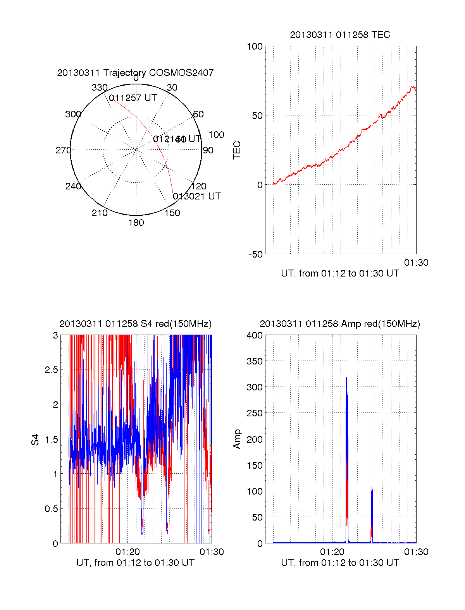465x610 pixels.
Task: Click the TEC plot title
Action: coord(340,35)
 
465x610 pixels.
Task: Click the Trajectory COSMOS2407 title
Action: coord(135,73)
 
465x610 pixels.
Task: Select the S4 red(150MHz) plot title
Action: coord(135,324)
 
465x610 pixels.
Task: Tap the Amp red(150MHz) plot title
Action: coord(340,324)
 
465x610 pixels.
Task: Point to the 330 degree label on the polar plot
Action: coord(99,88)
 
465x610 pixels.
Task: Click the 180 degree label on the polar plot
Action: coord(136,223)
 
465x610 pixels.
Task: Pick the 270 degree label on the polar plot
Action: coord(63,150)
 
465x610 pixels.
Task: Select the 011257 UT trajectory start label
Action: coord(133,98)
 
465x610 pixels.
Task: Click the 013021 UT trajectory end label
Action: coord(197,196)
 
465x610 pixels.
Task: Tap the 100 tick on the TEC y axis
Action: coord(255,46)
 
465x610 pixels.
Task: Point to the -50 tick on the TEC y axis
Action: coord(256,254)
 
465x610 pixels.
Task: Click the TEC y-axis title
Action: coord(237,150)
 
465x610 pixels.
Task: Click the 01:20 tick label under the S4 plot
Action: coord(127,552)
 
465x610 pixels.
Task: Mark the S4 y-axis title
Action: coord(35,440)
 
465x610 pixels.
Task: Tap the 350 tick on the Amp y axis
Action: coord(255,361)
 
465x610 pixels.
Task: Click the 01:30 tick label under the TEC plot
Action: coord(416,263)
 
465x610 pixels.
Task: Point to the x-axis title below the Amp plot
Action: coord(340,563)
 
